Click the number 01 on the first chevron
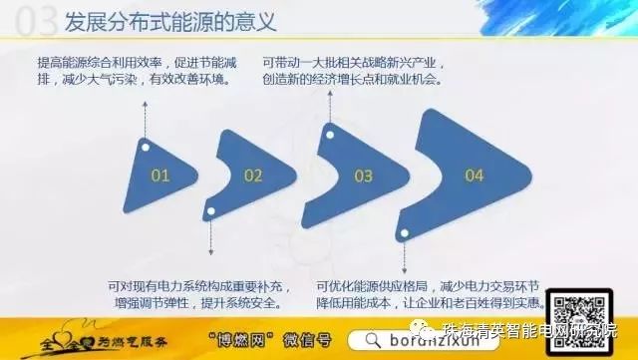160,176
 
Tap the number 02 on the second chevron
252,177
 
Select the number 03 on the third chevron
362,177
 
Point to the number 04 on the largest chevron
474,176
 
